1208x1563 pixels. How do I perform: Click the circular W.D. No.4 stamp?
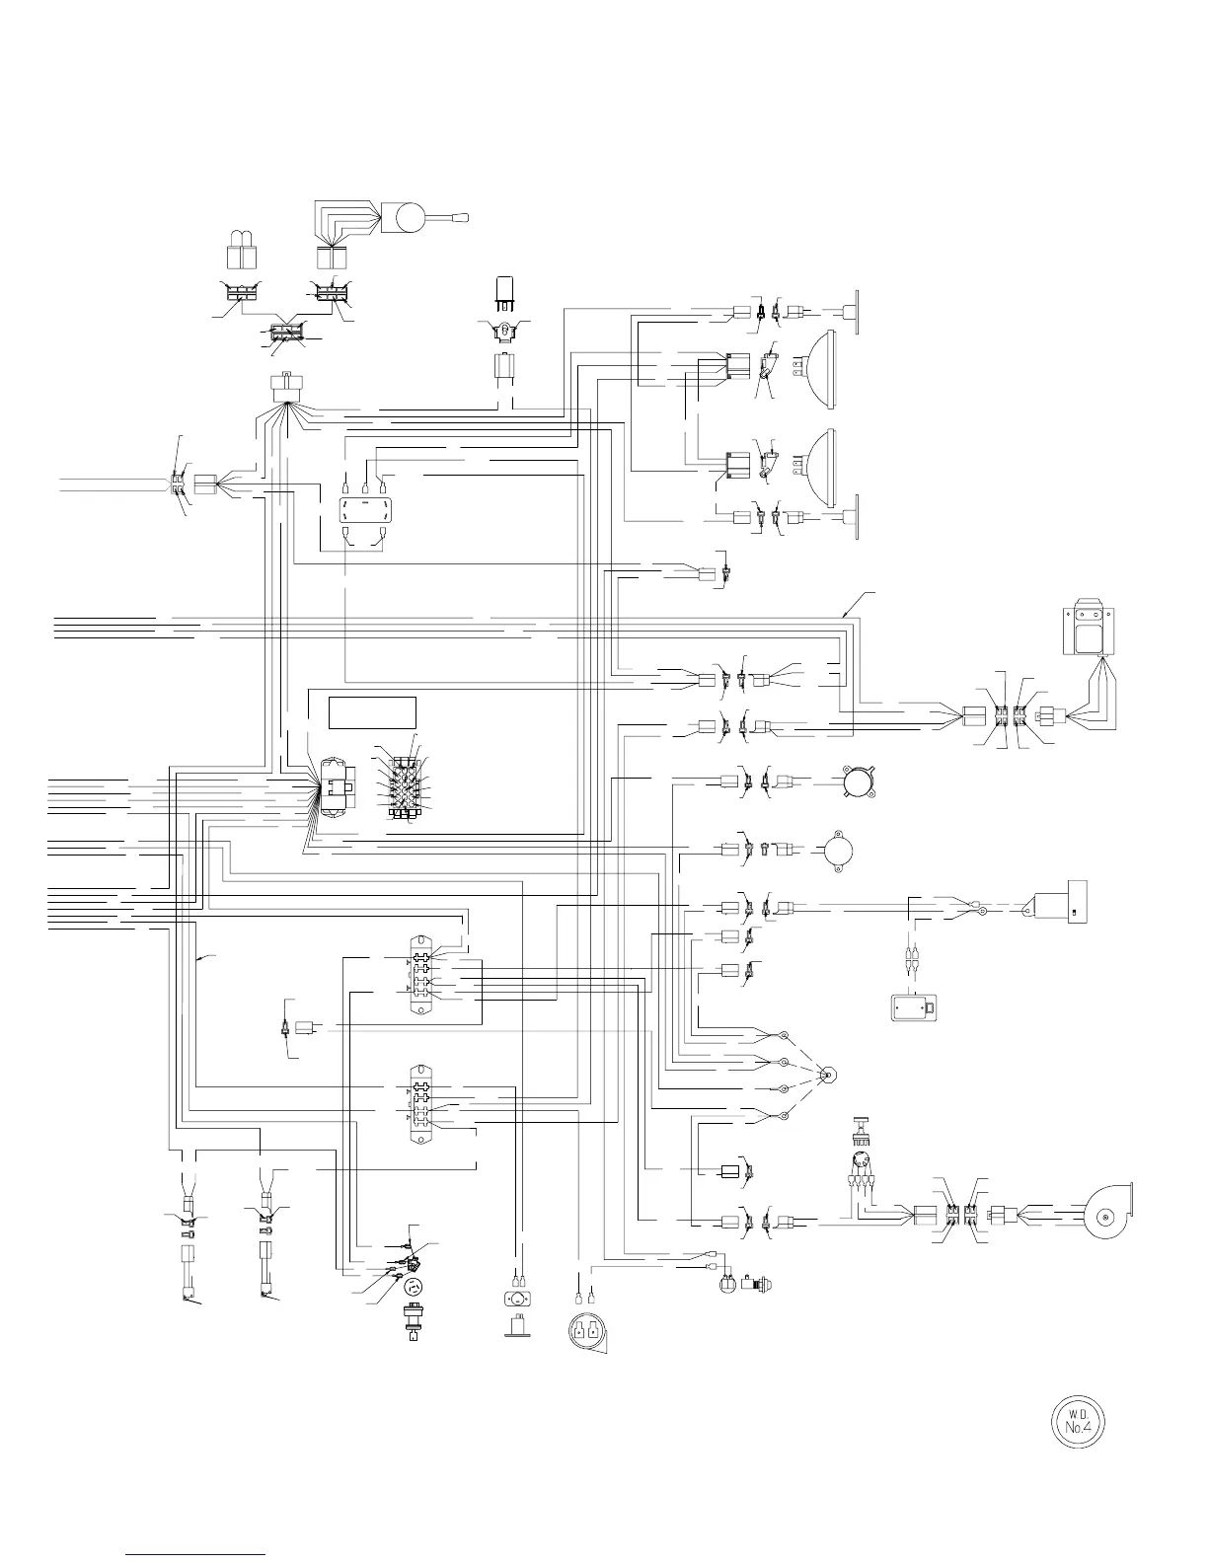point(1076,1422)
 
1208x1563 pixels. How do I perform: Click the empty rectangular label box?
point(372,711)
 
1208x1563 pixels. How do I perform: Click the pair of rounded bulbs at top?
point(242,251)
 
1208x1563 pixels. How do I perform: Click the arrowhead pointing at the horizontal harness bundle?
point(846,614)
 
